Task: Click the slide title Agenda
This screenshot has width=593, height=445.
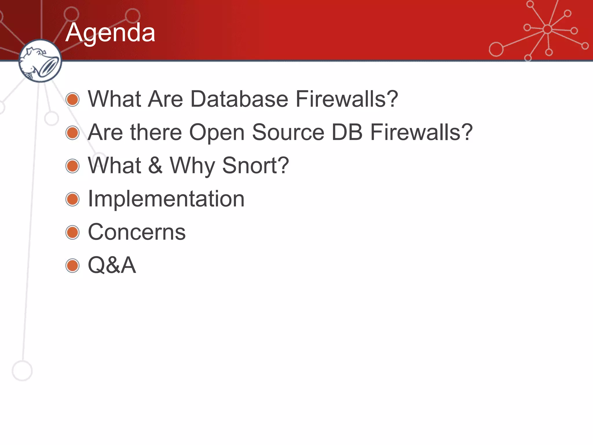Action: [x=110, y=32]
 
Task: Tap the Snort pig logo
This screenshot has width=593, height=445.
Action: [x=40, y=61]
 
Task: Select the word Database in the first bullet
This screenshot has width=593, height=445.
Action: [x=239, y=99]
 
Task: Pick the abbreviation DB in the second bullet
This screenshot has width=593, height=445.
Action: [x=347, y=132]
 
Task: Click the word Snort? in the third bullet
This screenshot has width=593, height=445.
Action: [x=255, y=165]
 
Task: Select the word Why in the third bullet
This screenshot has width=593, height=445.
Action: [x=192, y=166]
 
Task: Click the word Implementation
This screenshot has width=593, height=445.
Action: [x=166, y=199]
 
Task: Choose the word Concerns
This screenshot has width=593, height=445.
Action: [x=136, y=232]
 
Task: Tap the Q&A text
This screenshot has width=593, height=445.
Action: [x=112, y=265]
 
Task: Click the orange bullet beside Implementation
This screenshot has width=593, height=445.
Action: [x=72, y=199]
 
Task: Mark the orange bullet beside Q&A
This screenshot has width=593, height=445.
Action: [x=72, y=266]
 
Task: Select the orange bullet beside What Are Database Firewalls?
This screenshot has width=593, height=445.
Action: [x=72, y=99]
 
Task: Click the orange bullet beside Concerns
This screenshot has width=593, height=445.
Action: [x=72, y=232]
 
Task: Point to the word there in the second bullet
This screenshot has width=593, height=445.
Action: [x=156, y=132]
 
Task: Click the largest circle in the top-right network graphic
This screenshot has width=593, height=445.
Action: [x=496, y=49]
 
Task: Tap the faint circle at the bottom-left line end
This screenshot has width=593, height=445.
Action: [x=22, y=371]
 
